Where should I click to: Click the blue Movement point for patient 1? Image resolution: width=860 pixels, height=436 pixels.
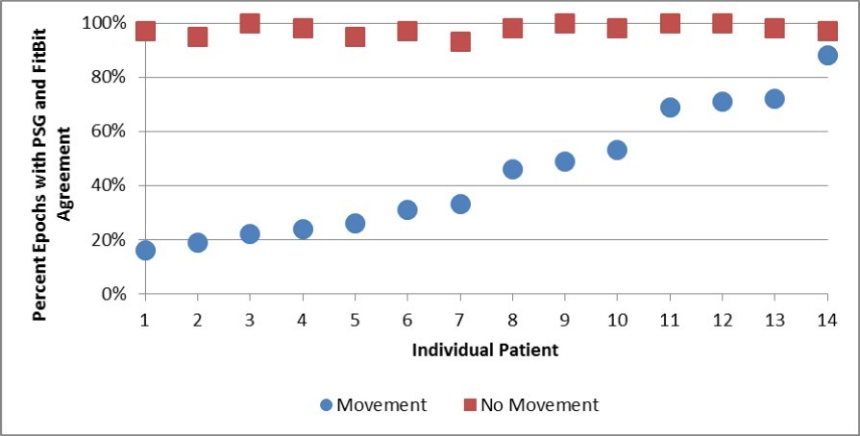click(x=145, y=251)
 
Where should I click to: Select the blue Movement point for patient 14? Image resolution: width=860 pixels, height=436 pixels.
click(x=827, y=56)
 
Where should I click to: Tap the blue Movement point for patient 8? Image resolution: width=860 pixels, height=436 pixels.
click(x=512, y=169)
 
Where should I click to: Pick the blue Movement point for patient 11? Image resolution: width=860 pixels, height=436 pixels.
click(x=670, y=107)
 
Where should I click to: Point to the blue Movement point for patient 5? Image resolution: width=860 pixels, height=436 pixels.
click(x=355, y=223)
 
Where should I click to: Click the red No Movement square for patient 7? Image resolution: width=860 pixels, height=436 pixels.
click(x=460, y=41)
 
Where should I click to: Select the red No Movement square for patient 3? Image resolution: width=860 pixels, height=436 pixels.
click(x=250, y=23)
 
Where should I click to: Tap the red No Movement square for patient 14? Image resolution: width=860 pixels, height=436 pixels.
click(x=827, y=31)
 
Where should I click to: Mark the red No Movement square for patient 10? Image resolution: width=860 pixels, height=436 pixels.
click(x=617, y=28)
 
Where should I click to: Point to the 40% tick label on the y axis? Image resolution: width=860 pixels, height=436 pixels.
click(x=110, y=185)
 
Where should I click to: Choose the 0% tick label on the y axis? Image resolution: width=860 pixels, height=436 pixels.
click(x=113, y=294)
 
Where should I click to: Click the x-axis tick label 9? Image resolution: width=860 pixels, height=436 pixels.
click(x=565, y=318)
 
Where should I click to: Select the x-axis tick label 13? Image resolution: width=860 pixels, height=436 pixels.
click(x=774, y=318)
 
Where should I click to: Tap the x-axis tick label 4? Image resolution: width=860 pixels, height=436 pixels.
click(x=303, y=318)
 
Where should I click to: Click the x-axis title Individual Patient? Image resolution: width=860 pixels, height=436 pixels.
click(x=485, y=350)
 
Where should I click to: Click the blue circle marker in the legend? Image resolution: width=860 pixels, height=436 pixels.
click(x=328, y=405)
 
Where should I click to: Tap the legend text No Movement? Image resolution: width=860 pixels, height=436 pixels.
click(x=539, y=405)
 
